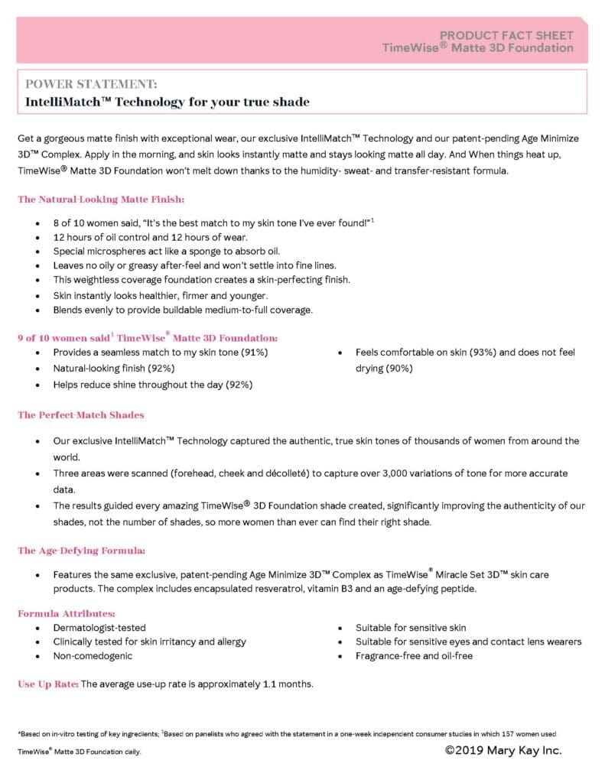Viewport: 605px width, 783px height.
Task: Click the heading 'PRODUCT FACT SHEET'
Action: (506, 35)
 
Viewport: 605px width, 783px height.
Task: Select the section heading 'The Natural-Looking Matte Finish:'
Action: (101, 199)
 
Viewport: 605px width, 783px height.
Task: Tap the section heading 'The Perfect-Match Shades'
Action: (81, 414)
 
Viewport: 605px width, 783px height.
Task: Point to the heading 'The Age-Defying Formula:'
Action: (82, 550)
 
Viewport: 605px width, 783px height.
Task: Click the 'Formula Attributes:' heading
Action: (67, 613)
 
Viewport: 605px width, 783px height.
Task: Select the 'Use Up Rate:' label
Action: (48, 684)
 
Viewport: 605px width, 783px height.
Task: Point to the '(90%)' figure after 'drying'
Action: (398, 368)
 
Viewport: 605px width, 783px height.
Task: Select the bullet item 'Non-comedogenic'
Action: (93, 655)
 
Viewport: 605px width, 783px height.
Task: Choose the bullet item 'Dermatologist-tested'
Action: (99, 628)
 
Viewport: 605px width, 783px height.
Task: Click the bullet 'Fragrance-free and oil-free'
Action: (414, 655)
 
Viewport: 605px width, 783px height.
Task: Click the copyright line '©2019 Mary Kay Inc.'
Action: (503, 750)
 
